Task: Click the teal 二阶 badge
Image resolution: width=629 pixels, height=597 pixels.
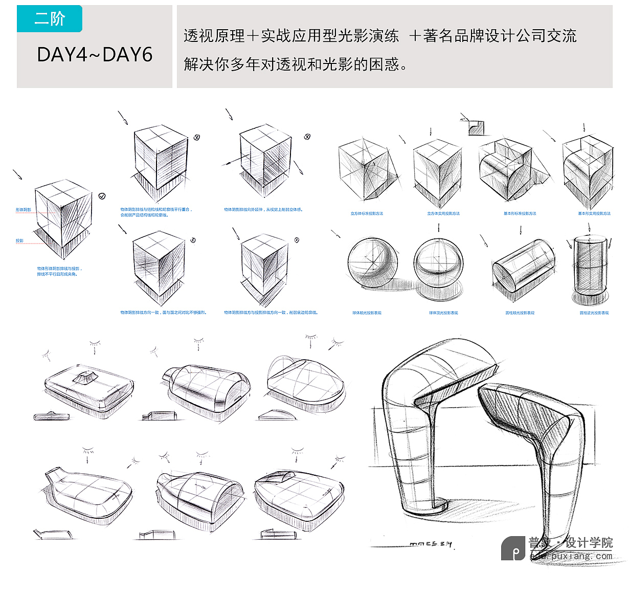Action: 49,19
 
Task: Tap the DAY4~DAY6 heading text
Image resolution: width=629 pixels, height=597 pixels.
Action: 95,55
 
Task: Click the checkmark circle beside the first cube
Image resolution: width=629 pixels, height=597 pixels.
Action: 102,196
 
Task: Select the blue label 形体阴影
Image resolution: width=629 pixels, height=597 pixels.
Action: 23,210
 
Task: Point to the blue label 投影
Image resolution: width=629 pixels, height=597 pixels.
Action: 19,240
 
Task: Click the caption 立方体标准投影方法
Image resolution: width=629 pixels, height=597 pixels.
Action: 366,213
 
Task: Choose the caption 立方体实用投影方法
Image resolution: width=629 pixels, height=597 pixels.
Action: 443,213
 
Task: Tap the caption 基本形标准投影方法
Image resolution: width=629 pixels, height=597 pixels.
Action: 520,213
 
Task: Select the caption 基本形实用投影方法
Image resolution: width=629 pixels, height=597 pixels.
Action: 594,213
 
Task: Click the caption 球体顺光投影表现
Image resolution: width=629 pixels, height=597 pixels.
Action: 366,313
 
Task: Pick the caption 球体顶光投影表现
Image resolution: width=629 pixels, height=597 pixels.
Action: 443,313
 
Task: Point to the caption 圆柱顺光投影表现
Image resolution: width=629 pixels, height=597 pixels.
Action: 520,313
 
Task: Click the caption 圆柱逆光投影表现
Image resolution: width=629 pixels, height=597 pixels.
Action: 594,313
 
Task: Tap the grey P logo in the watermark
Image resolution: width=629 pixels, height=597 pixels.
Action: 513,548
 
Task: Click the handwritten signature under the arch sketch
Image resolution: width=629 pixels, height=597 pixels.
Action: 431,544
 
